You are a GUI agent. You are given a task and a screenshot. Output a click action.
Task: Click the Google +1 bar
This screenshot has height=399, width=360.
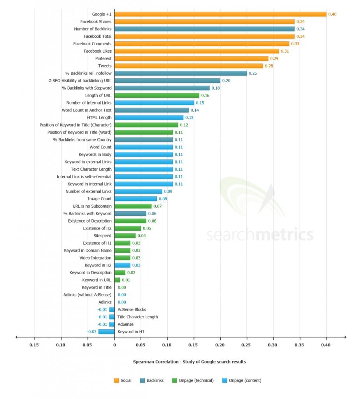click(220, 14)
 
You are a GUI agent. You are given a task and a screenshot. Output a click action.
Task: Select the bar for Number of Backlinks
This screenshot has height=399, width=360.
click(204, 29)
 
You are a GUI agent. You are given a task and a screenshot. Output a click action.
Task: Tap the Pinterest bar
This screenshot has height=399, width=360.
click(191, 58)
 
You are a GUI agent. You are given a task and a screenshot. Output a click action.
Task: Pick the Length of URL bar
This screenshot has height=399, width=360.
click(157, 95)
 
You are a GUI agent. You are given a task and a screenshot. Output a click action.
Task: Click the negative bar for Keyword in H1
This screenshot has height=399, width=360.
click(106, 332)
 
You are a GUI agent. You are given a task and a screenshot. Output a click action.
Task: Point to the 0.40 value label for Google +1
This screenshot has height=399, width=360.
click(332, 14)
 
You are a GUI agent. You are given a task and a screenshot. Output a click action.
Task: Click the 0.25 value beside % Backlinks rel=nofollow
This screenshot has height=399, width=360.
click(253, 73)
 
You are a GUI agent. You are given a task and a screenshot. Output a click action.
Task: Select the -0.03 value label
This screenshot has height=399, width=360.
click(92, 332)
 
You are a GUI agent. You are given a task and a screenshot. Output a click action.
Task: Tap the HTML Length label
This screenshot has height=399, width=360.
click(99, 118)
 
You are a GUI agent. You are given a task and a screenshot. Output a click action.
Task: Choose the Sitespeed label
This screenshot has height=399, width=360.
click(102, 236)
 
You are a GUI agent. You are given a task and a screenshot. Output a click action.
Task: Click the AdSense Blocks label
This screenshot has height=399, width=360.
click(132, 310)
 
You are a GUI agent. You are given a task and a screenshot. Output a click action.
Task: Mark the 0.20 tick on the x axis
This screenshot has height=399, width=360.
click(220, 345)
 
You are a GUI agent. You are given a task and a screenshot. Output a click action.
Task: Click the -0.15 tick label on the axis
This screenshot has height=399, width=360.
click(34, 345)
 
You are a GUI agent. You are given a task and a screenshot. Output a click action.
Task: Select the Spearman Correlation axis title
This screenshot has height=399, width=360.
click(189, 362)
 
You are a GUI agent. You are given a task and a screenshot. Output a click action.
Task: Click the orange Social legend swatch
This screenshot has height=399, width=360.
click(116, 380)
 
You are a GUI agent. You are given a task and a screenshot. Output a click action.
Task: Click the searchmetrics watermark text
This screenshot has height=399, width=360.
click(260, 235)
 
